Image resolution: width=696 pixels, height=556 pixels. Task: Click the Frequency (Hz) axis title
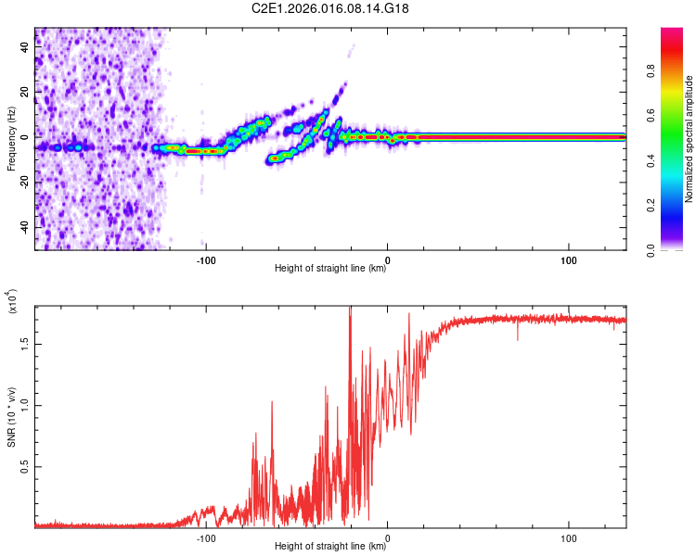[12, 139]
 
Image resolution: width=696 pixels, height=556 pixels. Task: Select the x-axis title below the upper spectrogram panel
[330, 269]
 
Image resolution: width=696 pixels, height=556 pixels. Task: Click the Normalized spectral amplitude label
[689, 139]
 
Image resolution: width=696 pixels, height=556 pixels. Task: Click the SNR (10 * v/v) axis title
[12, 417]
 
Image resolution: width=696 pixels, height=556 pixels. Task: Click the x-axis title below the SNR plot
[330, 547]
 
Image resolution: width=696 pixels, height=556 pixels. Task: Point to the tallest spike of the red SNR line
[350, 308]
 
